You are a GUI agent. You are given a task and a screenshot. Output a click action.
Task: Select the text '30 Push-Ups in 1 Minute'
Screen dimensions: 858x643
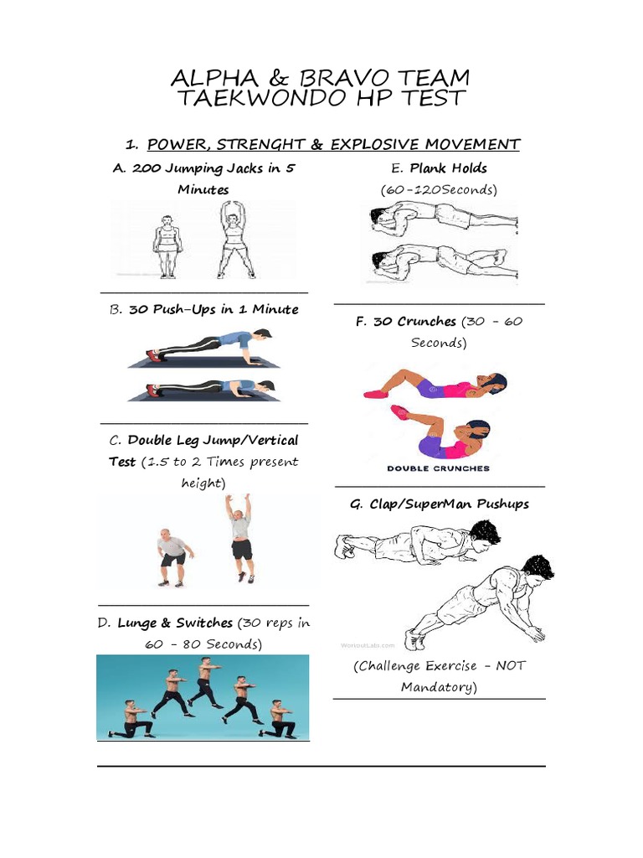(213, 309)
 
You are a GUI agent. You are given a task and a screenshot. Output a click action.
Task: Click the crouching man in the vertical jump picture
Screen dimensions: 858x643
(173, 556)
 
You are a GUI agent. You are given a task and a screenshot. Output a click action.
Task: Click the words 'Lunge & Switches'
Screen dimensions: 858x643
(175, 623)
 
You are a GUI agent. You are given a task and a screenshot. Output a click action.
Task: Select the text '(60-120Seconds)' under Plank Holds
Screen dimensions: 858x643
(439, 189)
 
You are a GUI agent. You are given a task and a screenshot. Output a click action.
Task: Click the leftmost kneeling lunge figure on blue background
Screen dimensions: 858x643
(131, 720)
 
